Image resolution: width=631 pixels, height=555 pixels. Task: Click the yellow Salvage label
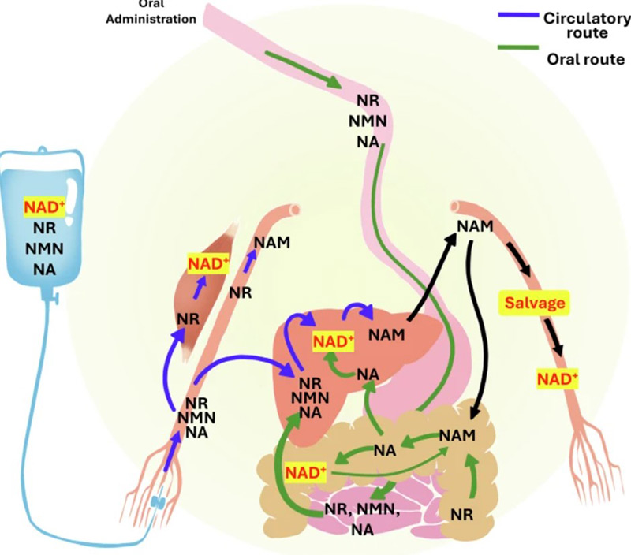coord(532,302)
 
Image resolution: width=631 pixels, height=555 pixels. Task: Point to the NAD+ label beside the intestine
coord(306,473)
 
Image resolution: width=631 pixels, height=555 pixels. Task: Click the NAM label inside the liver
coord(386,333)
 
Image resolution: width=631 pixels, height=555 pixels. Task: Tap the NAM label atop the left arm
coord(271,242)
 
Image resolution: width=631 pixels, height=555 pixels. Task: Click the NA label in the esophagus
coord(368,140)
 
